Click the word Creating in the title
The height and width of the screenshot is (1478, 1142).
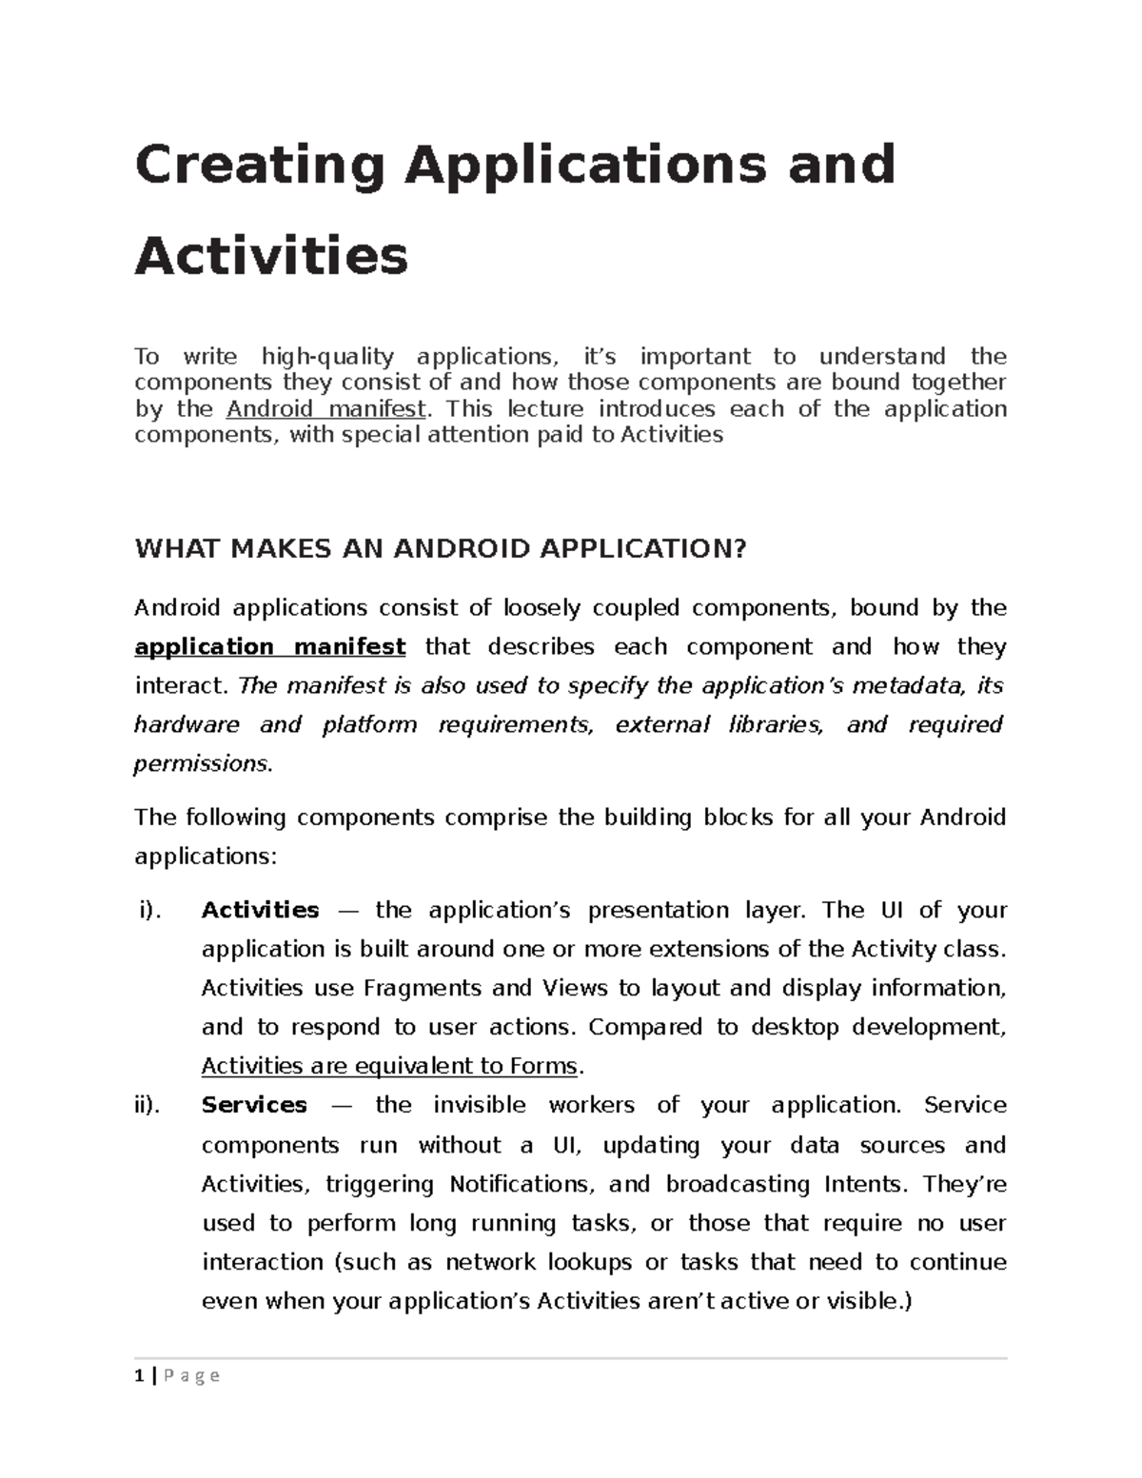point(260,166)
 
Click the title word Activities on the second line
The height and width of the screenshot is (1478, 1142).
point(271,255)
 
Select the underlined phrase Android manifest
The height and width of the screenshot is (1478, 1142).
point(326,409)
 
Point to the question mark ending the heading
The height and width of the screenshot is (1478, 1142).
point(740,549)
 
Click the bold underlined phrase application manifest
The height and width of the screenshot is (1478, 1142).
point(270,647)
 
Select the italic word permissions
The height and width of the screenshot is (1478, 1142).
point(202,763)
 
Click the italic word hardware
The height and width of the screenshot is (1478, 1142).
point(187,725)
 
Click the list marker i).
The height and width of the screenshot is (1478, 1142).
point(150,911)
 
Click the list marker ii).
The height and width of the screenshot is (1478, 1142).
point(148,1106)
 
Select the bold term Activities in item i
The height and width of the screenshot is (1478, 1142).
point(260,911)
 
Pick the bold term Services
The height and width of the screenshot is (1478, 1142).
point(254,1106)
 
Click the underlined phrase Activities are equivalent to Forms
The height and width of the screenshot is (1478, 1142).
point(389,1067)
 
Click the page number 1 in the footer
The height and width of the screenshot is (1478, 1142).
point(140,1376)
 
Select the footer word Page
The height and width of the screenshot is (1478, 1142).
point(192,1376)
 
